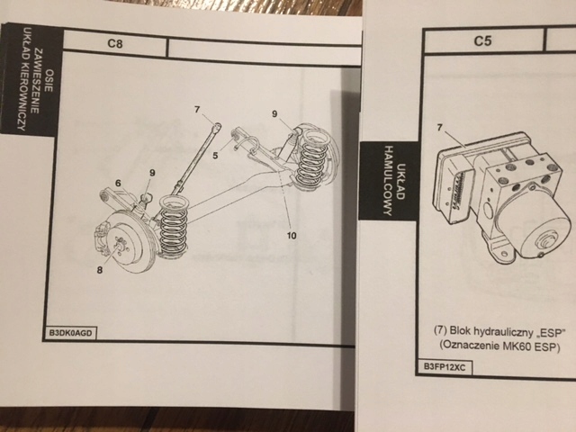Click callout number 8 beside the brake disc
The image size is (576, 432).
pyautogui.click(x=99, y=267)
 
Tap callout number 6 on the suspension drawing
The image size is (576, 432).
pyautogui.click(x=118, y=184)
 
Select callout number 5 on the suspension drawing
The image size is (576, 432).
pyautogui.click(x=215, y=156)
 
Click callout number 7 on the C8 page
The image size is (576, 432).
pyautogui.click(x=197, y=110)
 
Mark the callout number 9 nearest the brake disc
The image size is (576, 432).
pyautogui.click(x=151, y=172)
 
